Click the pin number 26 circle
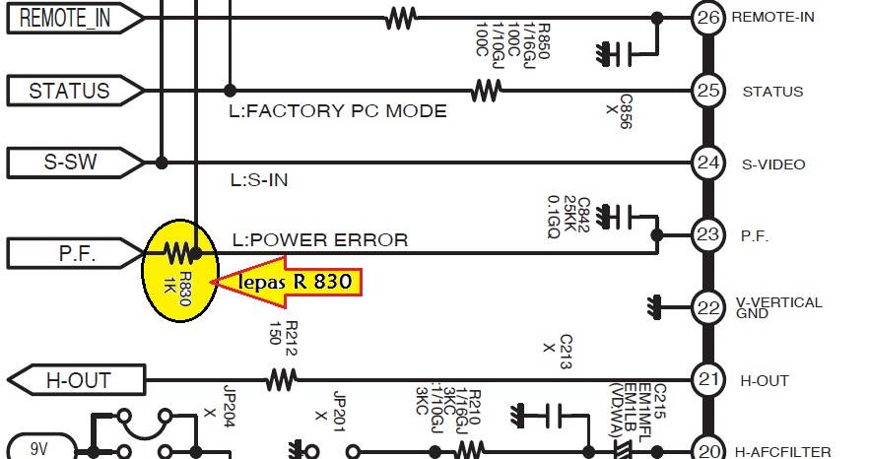(708, 18)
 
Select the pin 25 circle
(708, 91)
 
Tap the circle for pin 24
(708, 164)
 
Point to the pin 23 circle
(708, 235)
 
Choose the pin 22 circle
(708, 307)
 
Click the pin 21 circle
(708, 380)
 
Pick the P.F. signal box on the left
(74, 253)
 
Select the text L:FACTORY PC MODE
(337, 110)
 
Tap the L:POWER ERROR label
(319, 239)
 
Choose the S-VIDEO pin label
(773, 164)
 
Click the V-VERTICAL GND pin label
(778, 307)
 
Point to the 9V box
(38, 449)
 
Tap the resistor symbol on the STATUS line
(486, 91)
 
